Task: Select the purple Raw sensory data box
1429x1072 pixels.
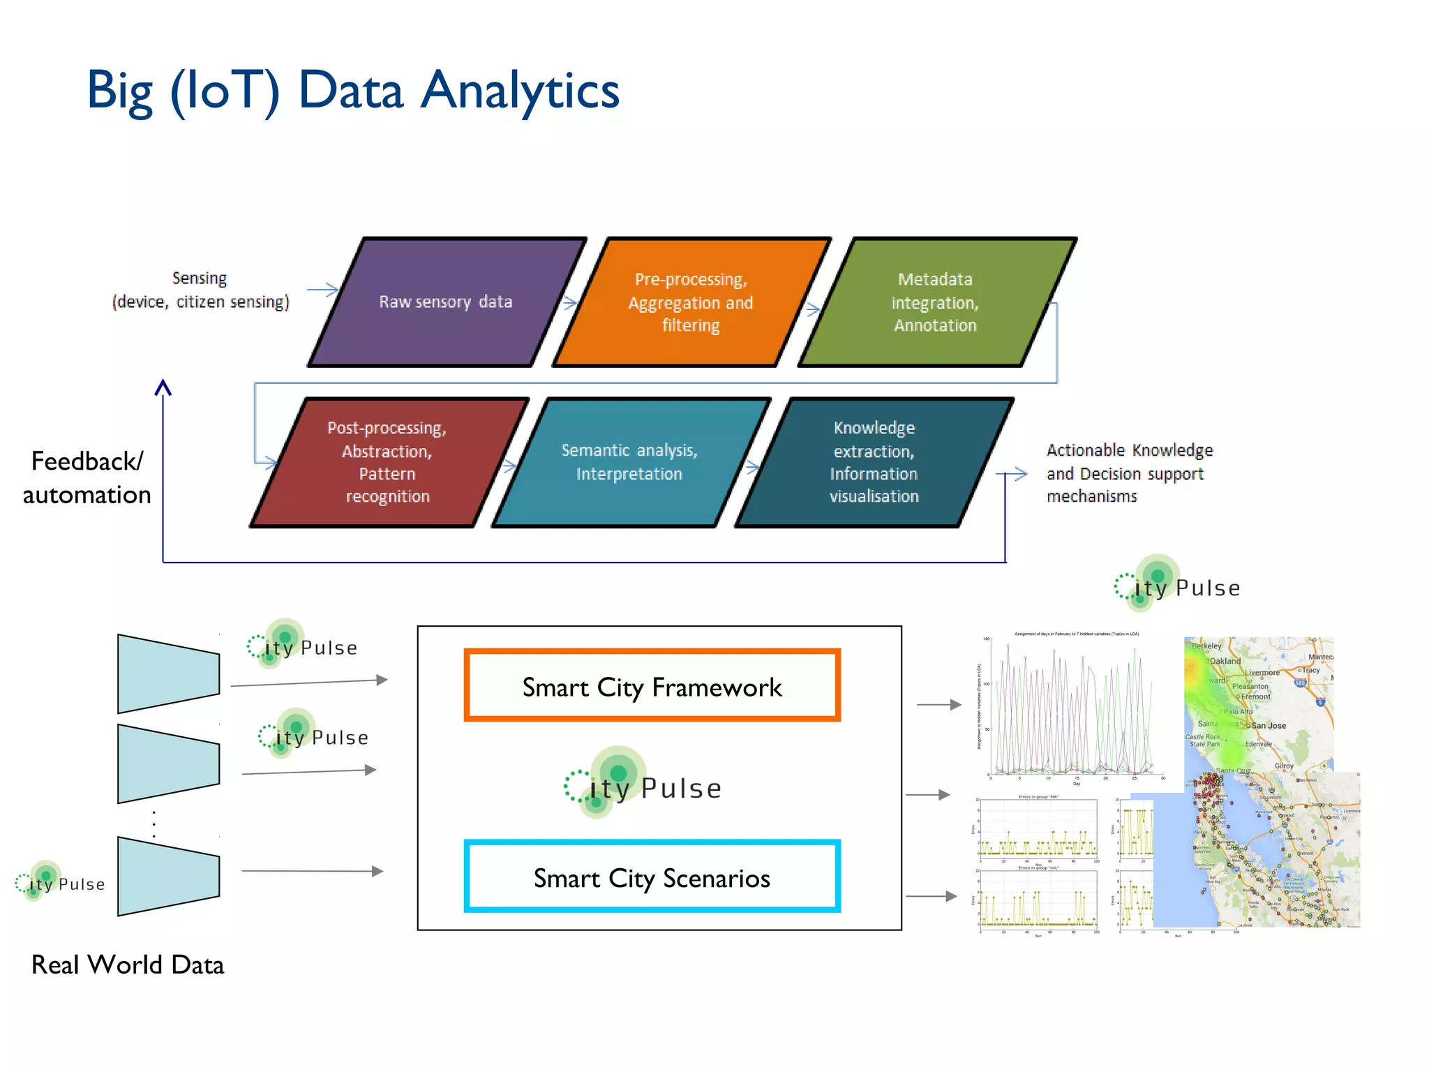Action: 445,302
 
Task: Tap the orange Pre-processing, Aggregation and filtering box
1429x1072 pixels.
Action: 691,302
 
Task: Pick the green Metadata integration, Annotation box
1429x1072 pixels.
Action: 935,302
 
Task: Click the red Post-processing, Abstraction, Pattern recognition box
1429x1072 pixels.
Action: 387,462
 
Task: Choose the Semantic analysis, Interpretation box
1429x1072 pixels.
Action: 629,462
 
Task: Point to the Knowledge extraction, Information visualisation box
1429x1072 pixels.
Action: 874,462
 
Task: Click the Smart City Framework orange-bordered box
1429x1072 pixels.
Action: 652,686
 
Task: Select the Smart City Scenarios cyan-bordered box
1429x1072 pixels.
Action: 652,877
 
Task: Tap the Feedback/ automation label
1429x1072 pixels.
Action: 87,478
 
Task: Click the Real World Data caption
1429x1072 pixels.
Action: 128,965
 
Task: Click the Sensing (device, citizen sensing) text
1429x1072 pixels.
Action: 200,290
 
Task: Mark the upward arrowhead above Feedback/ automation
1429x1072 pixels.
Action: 163,387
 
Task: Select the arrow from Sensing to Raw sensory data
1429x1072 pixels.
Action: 322,290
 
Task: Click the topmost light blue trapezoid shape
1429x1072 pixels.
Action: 168,673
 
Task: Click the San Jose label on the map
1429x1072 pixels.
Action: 1269,726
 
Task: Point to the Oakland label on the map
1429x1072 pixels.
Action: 1225,661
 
